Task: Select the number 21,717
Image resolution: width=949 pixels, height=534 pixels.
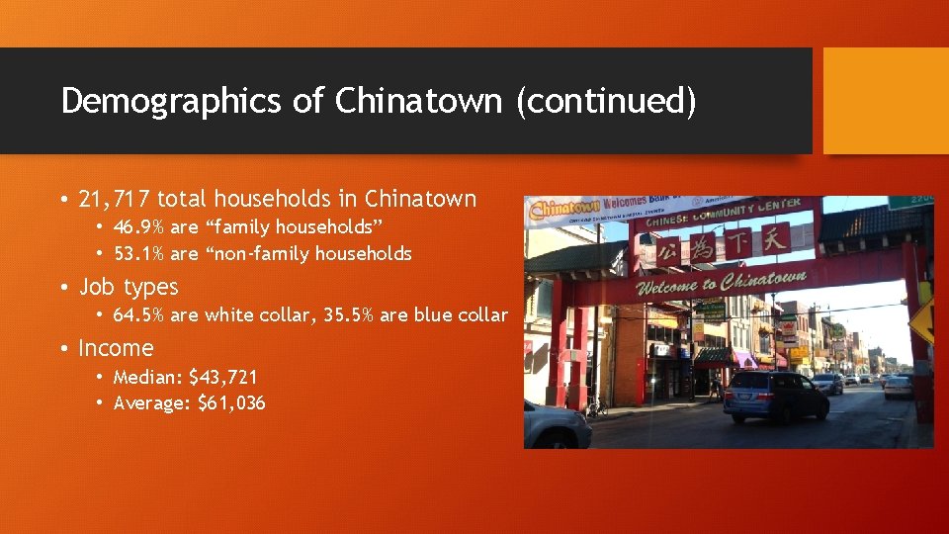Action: click(115, 199)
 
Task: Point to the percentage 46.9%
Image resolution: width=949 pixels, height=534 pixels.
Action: click(139, 226)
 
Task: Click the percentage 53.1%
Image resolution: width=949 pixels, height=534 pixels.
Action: click(139, 254)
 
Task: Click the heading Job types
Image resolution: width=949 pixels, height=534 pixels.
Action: click(129, 288)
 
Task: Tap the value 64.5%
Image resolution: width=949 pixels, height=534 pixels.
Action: click(139, 315)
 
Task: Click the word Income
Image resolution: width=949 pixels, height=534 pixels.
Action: click(116, 348)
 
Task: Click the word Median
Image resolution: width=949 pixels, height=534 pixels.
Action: click(146, 377)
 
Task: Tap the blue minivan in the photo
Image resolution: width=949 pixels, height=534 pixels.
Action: click(775, 397)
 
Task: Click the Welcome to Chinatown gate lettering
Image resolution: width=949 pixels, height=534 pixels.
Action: click(721, 284)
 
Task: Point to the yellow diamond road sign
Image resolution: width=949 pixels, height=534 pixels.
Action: click(924, 319)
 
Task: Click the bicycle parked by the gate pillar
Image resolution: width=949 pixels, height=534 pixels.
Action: click(595, 405)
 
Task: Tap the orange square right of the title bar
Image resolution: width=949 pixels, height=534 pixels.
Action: click(885, 101)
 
